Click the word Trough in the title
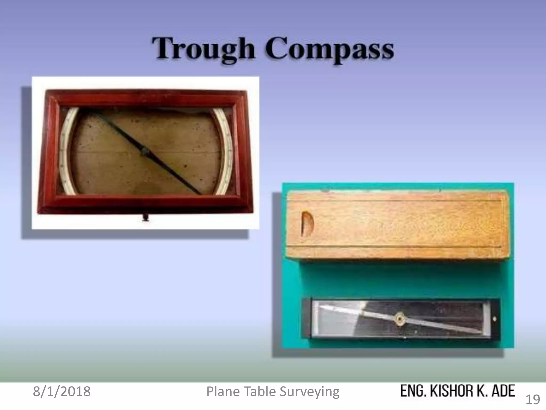pos(204,49)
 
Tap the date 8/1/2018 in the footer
pos(62,392)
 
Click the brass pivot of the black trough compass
pos(399,318)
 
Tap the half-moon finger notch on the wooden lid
pos(307,224)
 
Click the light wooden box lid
pos(397,224)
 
